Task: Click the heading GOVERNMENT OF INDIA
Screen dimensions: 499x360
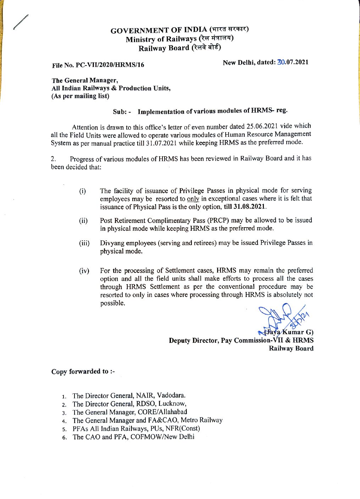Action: pyautogui.click(x=159, y=30)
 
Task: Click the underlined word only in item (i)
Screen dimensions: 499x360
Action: pyautogui.click(x=193, y=199)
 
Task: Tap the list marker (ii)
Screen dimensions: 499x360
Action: pyautogui.click(x=83, y=221)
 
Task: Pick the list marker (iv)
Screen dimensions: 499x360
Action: pyautogui.click(x=84, y=271)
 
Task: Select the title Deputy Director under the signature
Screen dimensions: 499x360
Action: pyautogui.click(x=193, y=341)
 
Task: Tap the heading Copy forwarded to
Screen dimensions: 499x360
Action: pyautogui.click(x=83, y=371)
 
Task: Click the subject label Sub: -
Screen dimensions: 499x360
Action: pyautogui.click(x=122, y=112)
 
